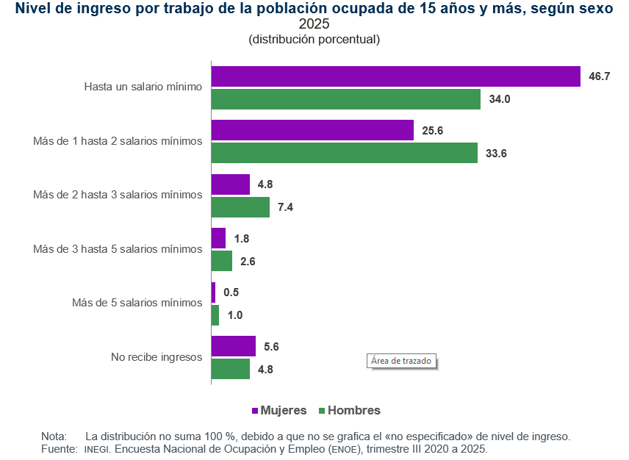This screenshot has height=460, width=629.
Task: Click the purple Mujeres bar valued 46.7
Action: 396,76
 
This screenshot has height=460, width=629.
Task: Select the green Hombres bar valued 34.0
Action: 346,99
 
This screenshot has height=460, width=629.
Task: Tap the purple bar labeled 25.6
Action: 312,131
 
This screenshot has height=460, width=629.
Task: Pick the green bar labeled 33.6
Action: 345,153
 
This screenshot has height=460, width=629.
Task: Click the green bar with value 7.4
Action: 240,207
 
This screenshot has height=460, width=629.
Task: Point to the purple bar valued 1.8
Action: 218,238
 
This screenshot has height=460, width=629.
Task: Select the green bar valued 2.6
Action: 222,261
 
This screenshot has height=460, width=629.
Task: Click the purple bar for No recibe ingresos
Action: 233,347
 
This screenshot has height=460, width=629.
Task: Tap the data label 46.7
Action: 600,76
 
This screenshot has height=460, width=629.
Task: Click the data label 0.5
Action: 231,292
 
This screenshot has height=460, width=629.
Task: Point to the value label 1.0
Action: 234,315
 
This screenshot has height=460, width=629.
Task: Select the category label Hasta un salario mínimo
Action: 143,87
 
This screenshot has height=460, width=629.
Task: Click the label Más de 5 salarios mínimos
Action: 137,303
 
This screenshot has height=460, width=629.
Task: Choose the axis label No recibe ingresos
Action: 157,357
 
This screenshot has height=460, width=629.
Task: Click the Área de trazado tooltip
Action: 401,361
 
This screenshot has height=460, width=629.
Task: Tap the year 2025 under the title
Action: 314,24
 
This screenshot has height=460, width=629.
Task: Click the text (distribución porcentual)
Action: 314,39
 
